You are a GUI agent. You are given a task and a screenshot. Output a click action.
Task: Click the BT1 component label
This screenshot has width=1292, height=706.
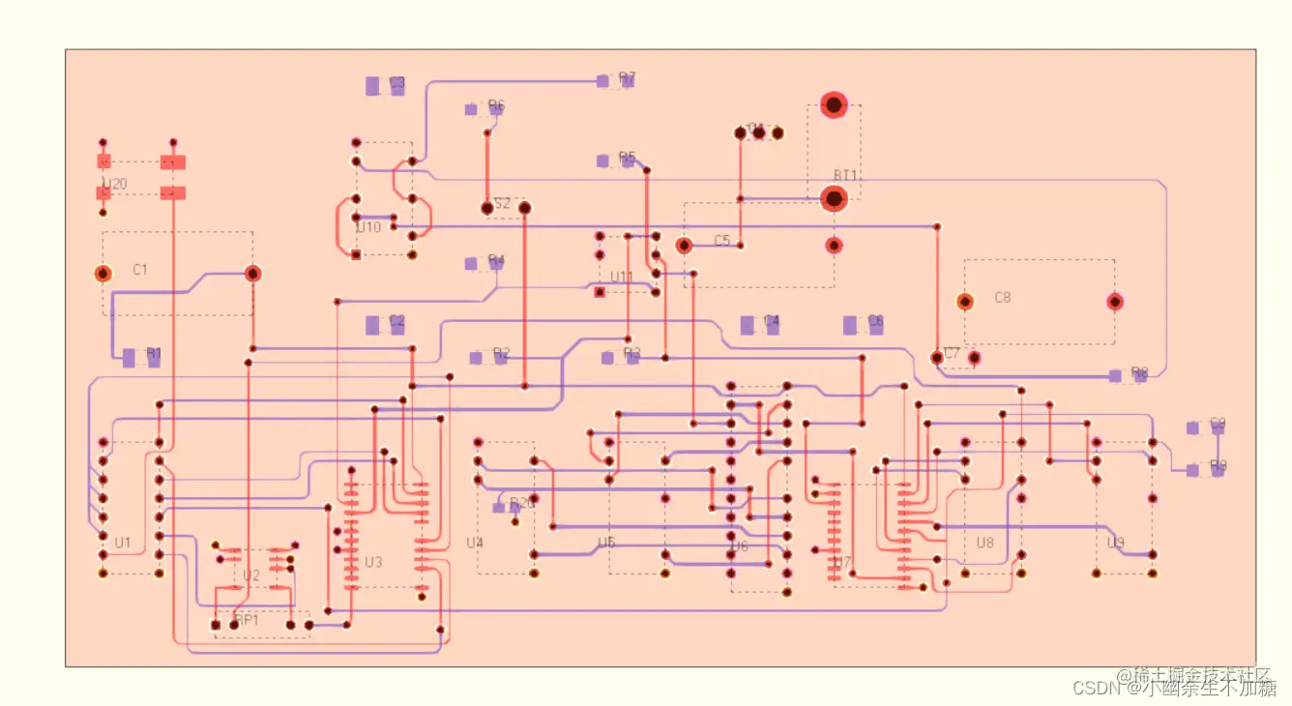click(x=846, y=175)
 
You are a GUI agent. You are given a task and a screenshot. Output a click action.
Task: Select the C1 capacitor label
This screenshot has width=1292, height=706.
click(x=140, y=269)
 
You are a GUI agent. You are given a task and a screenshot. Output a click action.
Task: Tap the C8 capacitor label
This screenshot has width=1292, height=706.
click(x=1003, y=298)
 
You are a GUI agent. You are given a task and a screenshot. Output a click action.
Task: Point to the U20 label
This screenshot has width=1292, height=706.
click(x=114, y=184)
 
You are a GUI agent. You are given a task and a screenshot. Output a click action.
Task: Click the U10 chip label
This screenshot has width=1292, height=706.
click(x=368, y=228)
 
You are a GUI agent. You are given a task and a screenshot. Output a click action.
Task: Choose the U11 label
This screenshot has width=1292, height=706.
click(x=621, y=278)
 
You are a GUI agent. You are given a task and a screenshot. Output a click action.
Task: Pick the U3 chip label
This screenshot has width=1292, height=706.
click(x=373, y=562)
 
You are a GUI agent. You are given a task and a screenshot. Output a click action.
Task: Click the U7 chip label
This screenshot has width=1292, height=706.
click(x=841, y=562)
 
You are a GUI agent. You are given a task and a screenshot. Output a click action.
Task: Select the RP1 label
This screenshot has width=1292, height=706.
click(x=248, y=620)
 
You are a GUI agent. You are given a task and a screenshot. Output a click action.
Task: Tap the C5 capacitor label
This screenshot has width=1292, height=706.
click(x=722, y=240)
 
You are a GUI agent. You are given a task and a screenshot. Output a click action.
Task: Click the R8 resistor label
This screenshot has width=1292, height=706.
click(x=1139, y=372)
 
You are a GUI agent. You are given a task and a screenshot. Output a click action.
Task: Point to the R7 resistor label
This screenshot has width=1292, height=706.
click(x=627, y=78)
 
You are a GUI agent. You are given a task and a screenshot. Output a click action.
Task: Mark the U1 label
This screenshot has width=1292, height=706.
click(x=123, y=543)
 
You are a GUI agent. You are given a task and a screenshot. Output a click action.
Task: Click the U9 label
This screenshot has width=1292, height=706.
click(x=1115, y=543)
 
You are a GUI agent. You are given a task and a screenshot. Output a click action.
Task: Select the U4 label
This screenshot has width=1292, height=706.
click(x=474, y=543)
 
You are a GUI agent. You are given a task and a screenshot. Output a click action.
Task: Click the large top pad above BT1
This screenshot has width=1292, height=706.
click(x=834, y=104)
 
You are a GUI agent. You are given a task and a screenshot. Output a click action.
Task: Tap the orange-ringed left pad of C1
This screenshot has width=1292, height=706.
click(x=103, y=274)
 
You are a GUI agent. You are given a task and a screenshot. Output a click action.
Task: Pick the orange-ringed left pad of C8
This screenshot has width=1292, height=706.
click(x=964, y=302)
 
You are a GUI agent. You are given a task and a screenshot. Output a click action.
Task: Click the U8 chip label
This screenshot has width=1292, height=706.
click(x=984, y=543)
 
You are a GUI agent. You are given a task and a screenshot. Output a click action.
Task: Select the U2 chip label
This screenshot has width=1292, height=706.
click(x=251, y=575)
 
